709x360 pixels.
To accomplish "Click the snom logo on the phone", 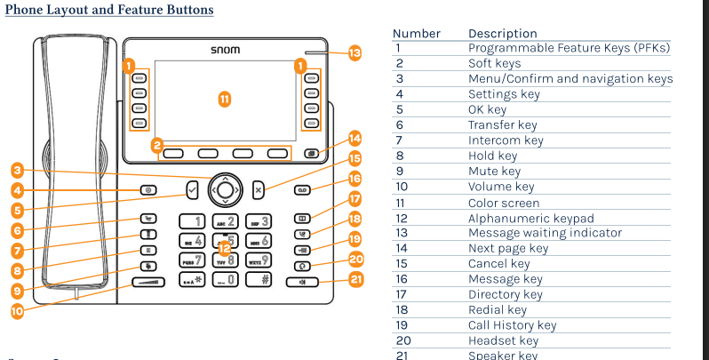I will point(225,50).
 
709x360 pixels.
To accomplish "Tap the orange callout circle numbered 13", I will point(354,53).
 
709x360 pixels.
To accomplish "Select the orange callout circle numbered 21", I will point(355,280).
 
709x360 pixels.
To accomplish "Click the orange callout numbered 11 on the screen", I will point(225,99).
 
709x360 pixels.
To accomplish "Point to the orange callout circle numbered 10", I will point(17,310).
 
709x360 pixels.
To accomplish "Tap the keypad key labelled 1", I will point(195,221).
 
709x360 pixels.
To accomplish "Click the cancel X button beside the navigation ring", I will point(258,188).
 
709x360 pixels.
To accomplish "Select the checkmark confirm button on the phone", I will point(193,188).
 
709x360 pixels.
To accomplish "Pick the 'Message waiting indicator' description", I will point(545,233).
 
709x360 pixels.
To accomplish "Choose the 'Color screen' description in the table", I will point(504,202).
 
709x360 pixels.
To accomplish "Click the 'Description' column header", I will point(502,34).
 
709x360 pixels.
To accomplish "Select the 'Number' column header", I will point(416,34).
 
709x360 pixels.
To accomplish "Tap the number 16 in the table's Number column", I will point(404,279).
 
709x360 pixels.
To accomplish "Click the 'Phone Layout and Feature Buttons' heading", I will point(108,11).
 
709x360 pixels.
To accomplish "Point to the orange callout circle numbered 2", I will point(156,144).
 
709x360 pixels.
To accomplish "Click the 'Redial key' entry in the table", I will point(498,310).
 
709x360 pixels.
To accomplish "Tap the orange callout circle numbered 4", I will point(17,190).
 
